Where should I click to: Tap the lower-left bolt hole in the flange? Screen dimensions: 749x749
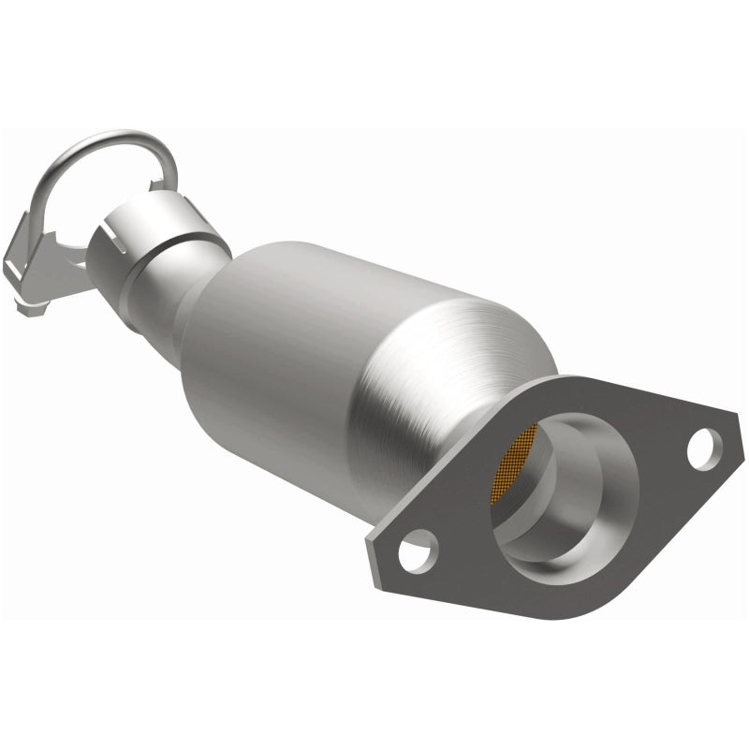click(x=417, y=548)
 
